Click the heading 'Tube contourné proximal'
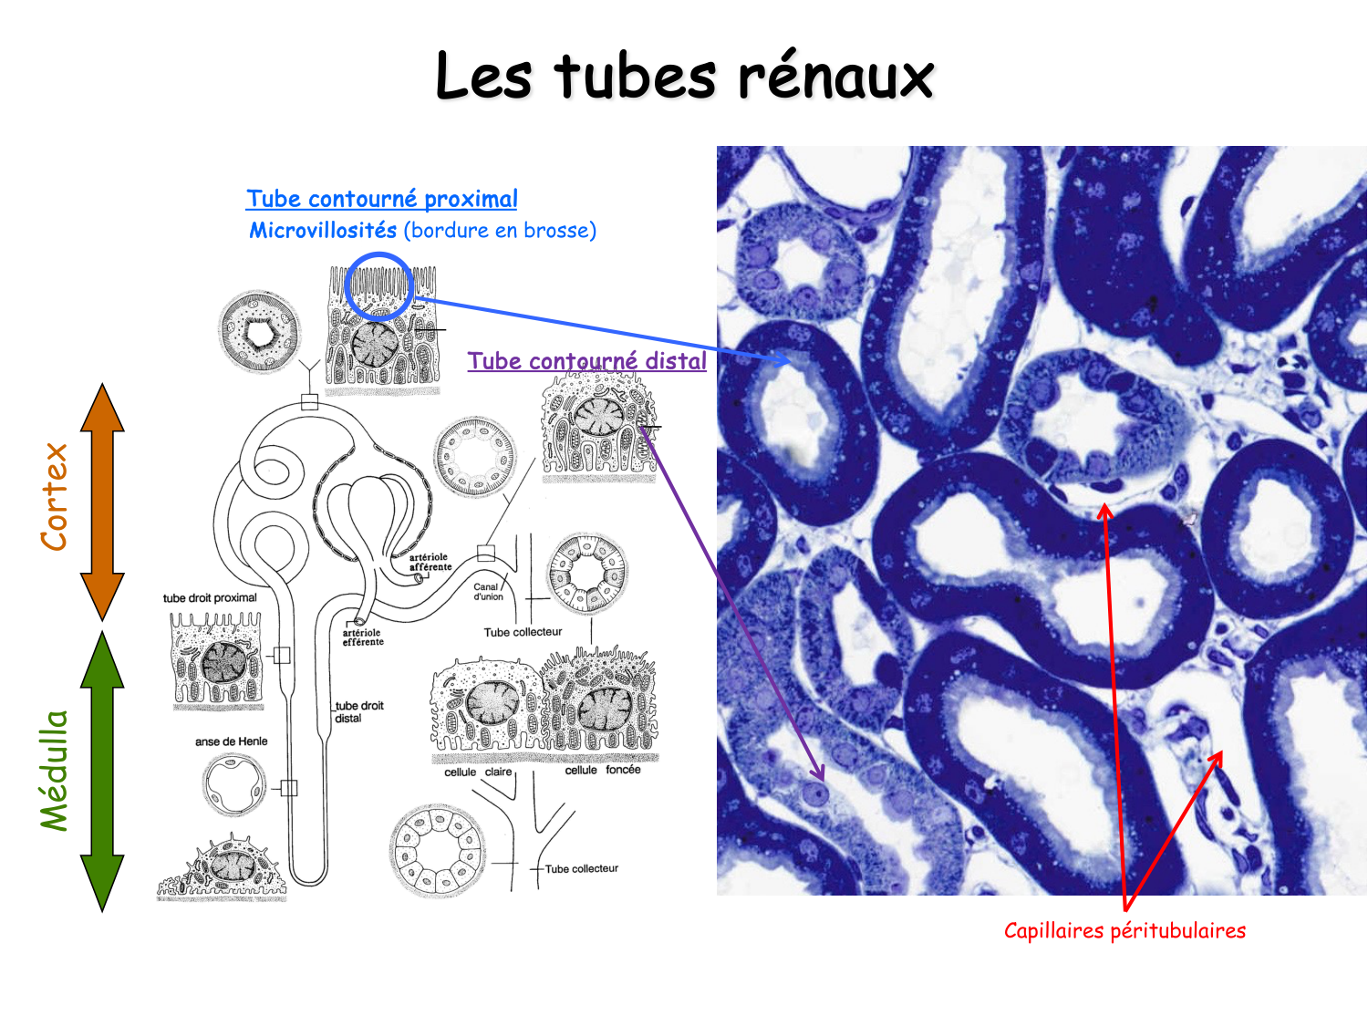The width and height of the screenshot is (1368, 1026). (x=381, y=199)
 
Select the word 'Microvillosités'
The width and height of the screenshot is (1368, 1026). (x=323, y=230)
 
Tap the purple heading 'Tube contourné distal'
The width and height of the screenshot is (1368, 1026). (x=586, y=361)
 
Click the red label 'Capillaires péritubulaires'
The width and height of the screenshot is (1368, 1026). (x=1124, y=930)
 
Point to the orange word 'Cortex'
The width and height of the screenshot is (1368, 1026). (x=55, y=497)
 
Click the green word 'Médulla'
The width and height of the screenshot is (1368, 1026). (x=55, y=771)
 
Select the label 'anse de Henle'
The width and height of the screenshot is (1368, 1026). (x=231, y=741)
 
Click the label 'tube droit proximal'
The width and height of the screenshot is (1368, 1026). (x=210, y=598)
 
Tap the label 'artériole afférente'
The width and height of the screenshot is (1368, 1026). (x=430, y=562)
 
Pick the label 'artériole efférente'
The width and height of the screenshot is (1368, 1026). (x=363, y=637)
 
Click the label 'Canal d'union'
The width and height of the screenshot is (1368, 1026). (x=487, y=592)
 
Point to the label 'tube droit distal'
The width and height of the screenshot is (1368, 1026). (x=358, y=711)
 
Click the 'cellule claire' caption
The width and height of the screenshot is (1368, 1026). (x=478, y=772)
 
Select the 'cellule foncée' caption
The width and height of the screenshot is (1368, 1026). (x=602, y=770)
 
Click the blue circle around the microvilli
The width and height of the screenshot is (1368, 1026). (x=379, y=286)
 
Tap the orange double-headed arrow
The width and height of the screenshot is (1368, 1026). (x=102, y=502)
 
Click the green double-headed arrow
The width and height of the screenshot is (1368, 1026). (x=102, y=771)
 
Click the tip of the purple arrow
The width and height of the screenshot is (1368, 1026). (x=824, y=780)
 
